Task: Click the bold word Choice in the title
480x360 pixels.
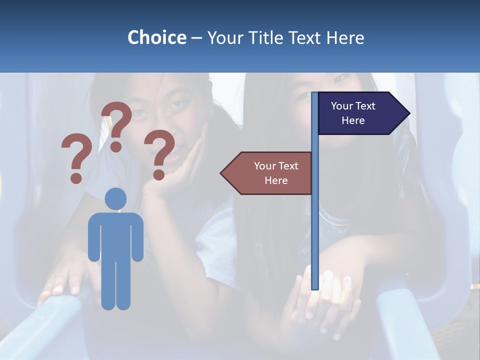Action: (x=156, y=37)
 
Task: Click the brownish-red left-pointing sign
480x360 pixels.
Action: (x=267, y=173)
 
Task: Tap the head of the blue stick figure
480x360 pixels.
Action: (x=116, y=198)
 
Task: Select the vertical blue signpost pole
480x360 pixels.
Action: (x=315, y=225)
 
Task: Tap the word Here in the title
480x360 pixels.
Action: (x=345, y=37)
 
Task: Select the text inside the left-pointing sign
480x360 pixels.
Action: (x=275, y=173)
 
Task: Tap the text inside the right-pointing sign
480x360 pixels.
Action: (x=353, y=113)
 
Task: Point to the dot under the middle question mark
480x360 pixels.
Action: (x=116, y=146)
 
